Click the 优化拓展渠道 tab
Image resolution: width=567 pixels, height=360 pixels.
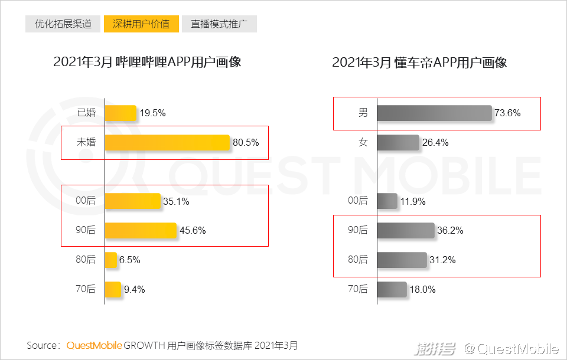pyautogui.click(x=63, y=24)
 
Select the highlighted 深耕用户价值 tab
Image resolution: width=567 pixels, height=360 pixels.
pyautogui.click(x=141, y=24)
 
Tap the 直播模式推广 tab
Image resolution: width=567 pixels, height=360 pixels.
pyautogui.click(x=219, y=24)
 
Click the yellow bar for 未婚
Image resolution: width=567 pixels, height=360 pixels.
pyautogui.click(x=167, y=142)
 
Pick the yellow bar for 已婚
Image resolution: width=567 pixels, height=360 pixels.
pyautogui.click(x=120, y=113)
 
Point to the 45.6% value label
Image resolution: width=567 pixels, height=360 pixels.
pyautogui.click(x=193, y=231)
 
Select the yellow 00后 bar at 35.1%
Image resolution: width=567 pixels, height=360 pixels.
pyautogui.click(x=132, y=201)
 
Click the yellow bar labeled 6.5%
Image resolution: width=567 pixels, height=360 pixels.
pyautogui.click(x=111, y=260)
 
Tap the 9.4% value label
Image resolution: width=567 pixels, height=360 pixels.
pyautogui.click(x=134, y=289)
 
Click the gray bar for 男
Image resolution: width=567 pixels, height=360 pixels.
pyautogui.click(x=434, y=113)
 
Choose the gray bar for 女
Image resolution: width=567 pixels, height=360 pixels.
pyautogui.click(x=397, y=142)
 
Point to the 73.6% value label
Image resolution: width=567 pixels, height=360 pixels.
pyautogui.click(x=508, y=113)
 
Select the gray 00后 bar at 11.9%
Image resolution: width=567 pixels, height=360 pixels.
pyautogui.click(x=387, y=201)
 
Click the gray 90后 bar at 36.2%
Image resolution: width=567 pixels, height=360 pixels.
pyautogui.click(x=405, y=231)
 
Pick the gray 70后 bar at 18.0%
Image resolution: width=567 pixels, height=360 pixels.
pyautogui.click(x=392, y=289)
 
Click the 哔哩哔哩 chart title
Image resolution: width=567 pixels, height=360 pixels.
pyautogui.click(x=147, y=62)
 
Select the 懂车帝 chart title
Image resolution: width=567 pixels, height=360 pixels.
pyautogui.click(x=419, y=62)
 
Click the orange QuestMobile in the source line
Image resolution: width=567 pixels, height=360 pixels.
pyautogui.click(x=94, y=345)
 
